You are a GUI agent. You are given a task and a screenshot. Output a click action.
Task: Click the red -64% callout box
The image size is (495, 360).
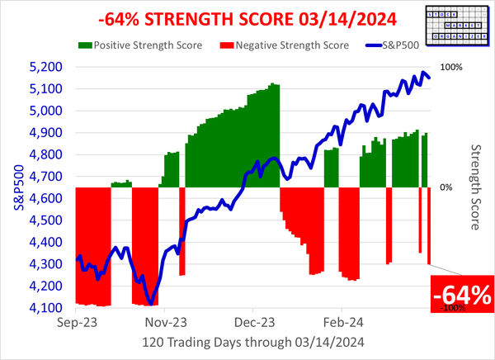click(463, 292)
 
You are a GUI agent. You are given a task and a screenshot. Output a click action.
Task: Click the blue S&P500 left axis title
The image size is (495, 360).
click(14, 187)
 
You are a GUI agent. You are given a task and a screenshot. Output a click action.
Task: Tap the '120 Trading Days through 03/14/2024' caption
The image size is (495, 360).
click(253, 342)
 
